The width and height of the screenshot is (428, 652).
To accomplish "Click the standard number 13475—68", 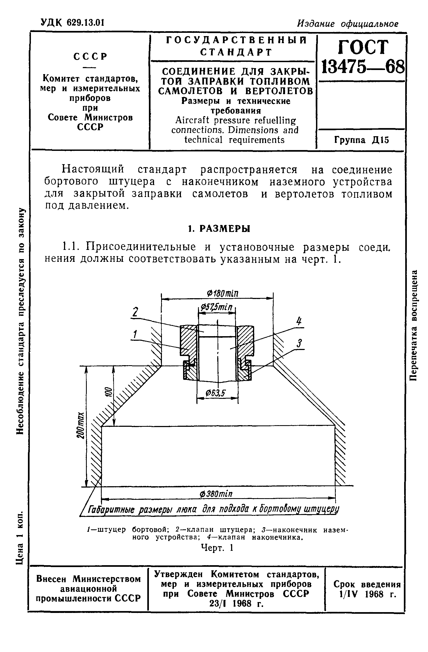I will [x=362, y=67].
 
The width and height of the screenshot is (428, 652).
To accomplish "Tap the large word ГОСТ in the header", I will [x=363, y=47].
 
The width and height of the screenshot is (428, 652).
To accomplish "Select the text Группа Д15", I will [x=362, y=140].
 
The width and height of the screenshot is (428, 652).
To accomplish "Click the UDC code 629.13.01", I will [x=85, y=23].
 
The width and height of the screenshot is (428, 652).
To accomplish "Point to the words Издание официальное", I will [x=347, y=24].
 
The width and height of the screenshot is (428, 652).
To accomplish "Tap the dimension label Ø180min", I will [x=222, y=294].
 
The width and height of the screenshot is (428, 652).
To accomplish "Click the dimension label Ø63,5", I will [x=215, y=393].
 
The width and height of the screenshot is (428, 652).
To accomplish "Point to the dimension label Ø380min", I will [x=216, y=494].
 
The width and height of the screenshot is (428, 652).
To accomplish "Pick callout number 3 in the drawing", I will [x=299, y=343].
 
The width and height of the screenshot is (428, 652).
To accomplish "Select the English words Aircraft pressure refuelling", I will [x=235, y=120].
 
